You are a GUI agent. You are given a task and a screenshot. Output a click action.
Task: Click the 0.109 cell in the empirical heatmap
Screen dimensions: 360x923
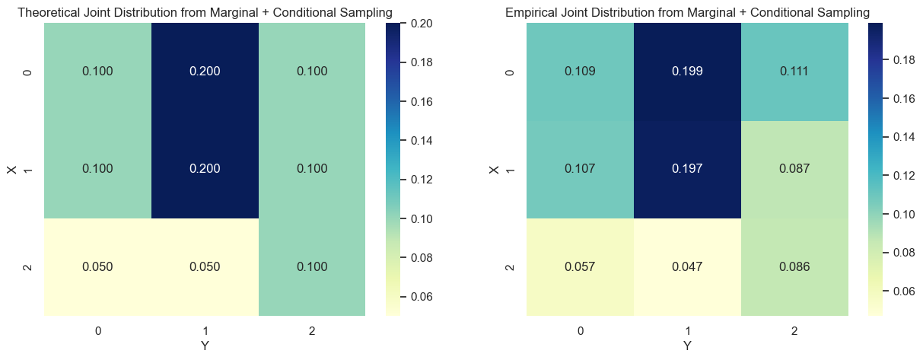coord(580,72)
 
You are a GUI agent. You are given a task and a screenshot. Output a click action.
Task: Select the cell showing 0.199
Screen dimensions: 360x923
coord(687,72)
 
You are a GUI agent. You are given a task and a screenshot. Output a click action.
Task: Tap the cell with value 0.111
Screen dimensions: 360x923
coord(794,72)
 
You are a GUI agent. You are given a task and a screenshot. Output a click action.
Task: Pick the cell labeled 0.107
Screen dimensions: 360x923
coord(580,169)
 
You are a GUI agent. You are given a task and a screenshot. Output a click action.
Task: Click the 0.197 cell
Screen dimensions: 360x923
coord(687,169)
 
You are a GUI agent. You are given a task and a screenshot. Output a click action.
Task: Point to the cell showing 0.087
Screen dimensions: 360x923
coord(794,169)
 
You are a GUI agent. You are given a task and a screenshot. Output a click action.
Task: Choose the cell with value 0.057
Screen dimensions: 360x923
coord(580,266)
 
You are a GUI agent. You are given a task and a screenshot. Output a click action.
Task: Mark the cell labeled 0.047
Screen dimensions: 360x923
coord(687,266)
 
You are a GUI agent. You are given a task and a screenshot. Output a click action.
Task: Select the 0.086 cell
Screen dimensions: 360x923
coord(794,266)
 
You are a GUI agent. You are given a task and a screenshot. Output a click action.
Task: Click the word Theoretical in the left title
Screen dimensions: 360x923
coord(49,12)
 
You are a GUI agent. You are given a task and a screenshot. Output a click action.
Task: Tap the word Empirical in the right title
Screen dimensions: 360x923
coord(531,12)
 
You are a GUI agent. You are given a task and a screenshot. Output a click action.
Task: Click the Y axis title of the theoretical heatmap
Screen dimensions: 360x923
coord(205,346)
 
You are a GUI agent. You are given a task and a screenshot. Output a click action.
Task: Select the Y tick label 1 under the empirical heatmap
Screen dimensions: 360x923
coord(687,331)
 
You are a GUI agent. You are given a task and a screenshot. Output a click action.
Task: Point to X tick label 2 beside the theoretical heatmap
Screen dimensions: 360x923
coord(28,266)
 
